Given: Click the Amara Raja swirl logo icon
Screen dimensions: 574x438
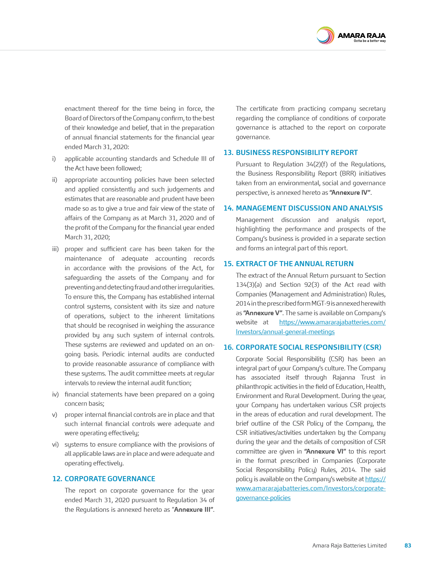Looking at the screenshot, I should point(325,36).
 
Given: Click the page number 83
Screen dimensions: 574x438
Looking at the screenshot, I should point(407,545).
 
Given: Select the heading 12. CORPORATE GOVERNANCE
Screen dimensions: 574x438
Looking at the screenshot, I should point(104,479).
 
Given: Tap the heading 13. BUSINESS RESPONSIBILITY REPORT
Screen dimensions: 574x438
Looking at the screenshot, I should point(291,152).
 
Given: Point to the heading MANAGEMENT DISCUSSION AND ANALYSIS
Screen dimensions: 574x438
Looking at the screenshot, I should point(309,208).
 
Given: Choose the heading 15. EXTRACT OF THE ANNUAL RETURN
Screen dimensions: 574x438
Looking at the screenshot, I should point(288,264).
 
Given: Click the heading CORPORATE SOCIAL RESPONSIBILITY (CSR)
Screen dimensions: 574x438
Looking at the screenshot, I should point(308,347).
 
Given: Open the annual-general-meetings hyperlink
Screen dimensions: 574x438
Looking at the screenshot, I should point(285,332).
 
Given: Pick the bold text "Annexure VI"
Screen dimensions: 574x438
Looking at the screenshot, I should point(325,451).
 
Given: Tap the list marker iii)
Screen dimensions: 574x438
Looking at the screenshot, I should point(55,249).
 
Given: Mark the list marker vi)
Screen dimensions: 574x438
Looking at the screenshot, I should point(55,444).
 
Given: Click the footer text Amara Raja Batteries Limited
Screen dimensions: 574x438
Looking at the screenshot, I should point(349,545).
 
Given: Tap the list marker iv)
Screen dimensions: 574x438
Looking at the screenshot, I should point(55,394).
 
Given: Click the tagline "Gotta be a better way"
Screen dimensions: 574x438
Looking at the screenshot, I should point(370,41).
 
